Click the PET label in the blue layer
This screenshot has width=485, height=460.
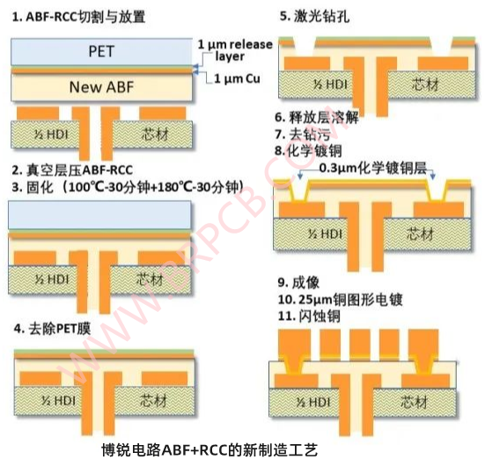tap(101, 51)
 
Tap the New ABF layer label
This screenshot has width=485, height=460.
tap(101, 87)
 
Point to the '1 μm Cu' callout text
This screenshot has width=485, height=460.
tap(237, 78)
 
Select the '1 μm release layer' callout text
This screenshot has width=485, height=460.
tap(235, 50)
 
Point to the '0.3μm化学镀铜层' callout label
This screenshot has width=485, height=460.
tap(373, 168)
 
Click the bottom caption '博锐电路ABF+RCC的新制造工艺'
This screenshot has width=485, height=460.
tap(209, 450)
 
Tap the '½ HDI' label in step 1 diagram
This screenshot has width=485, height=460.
tap(51, 135)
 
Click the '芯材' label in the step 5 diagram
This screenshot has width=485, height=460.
tap(425, 85)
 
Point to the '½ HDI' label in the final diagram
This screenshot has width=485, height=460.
tap(313, 403)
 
